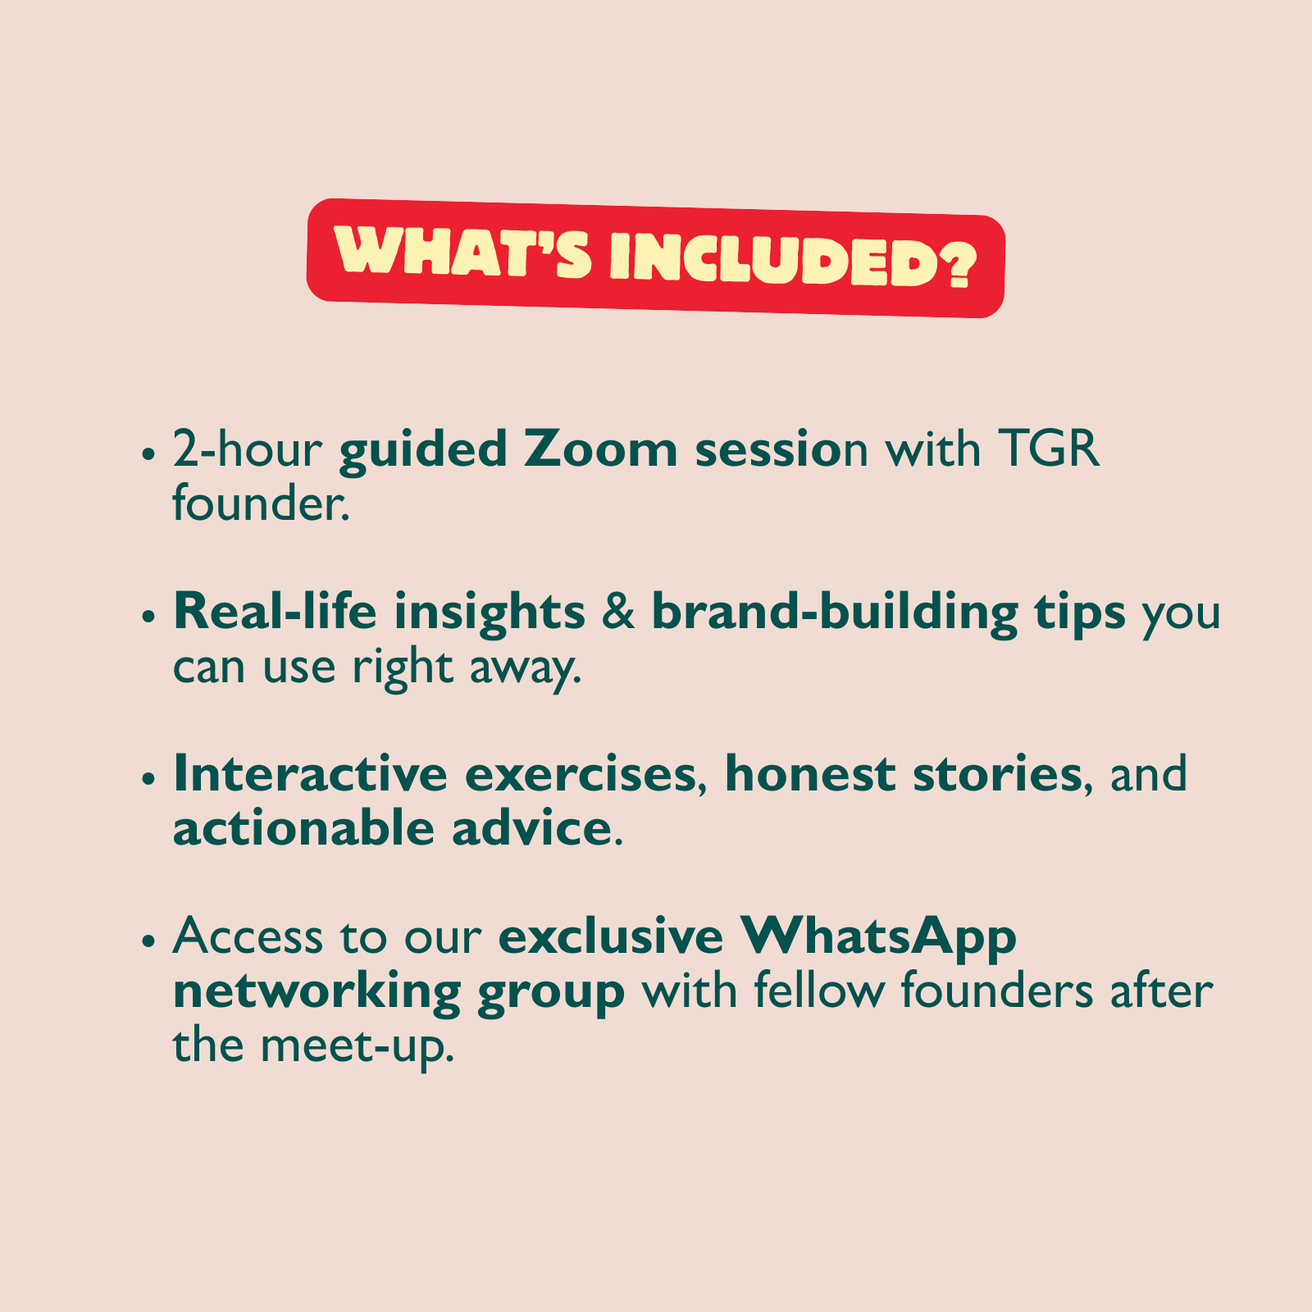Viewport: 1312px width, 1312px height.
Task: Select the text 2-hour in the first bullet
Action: point(247,449)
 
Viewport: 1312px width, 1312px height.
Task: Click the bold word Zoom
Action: point(600,449)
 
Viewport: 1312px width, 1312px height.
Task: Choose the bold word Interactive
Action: point(310,773)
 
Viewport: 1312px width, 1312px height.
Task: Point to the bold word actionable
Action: point(304,827)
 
